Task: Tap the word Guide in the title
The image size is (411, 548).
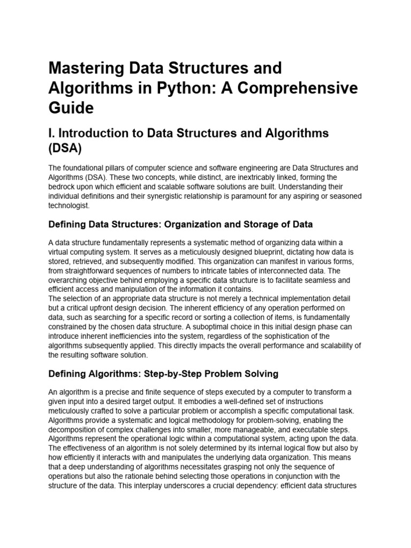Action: (x=71, y=108)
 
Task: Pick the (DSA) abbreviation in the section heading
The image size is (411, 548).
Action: (x=65, y=148)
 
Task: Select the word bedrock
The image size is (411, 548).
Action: (x=63, y=186)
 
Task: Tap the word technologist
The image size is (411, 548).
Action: (x=70, y=205)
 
